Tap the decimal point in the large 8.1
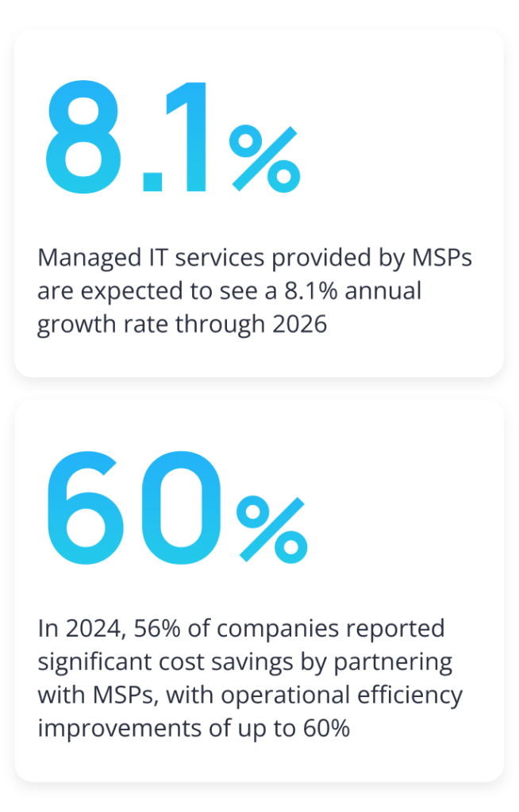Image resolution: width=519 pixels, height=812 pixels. tap(152, 182)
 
